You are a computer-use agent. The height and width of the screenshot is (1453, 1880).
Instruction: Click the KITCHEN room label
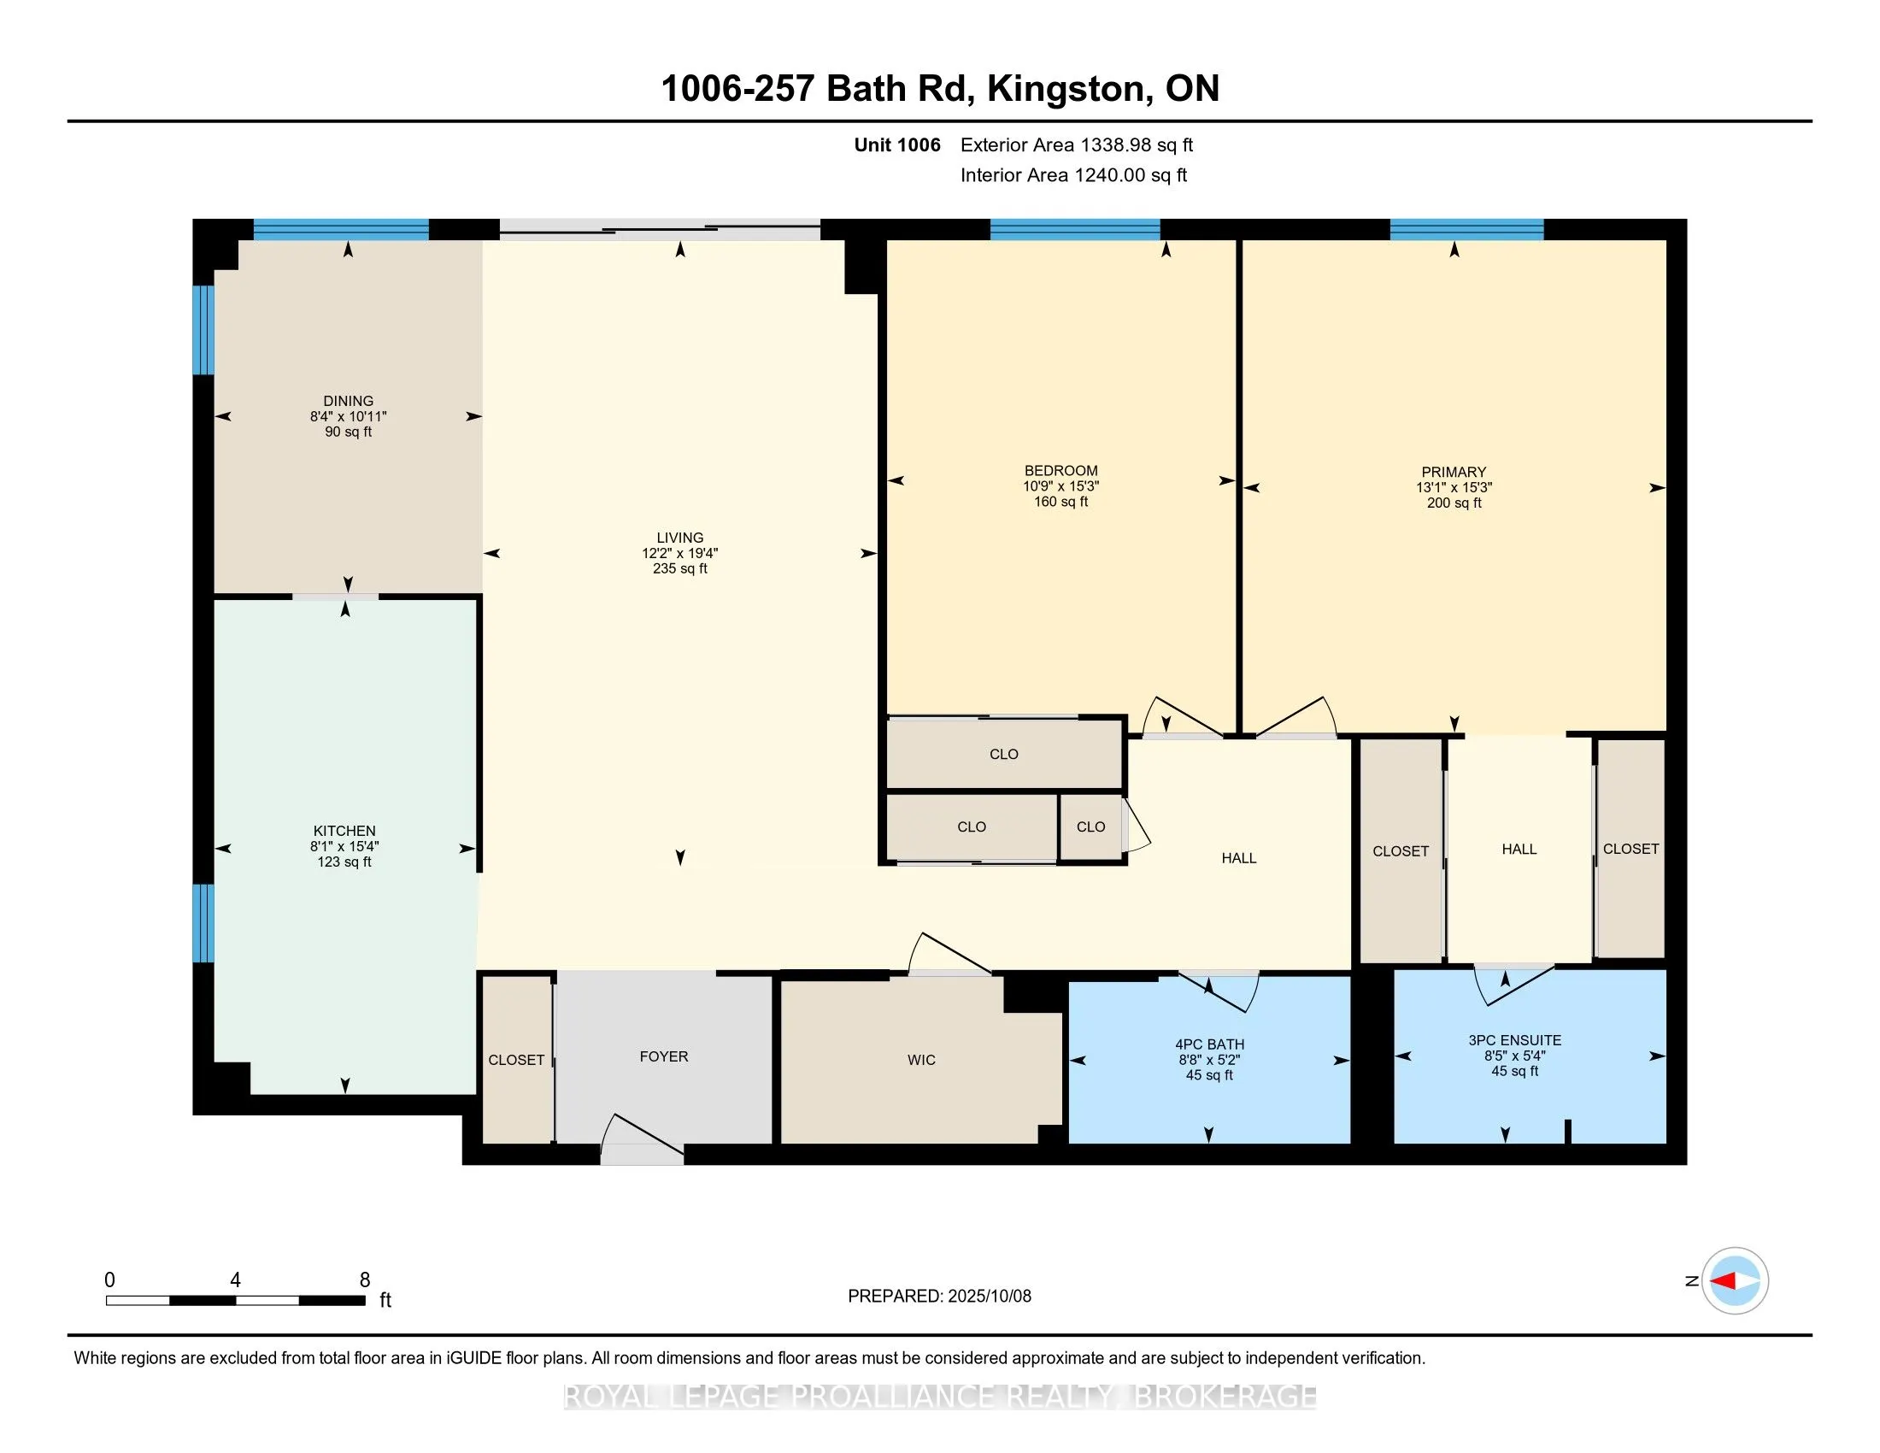click(344, 831)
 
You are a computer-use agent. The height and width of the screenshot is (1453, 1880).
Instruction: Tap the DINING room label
click(349, 401)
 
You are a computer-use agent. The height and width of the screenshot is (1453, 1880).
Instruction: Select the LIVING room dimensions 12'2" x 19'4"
click(680, 554)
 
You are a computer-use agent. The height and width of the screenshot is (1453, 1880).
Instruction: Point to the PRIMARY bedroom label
click(1454, 472)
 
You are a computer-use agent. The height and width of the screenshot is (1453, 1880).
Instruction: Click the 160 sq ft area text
click(1060, 502)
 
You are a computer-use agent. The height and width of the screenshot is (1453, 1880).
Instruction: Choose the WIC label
click(921, 1060)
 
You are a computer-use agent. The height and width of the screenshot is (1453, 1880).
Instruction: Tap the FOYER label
click(664, 1056)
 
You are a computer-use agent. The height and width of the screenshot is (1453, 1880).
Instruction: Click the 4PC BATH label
click(1209, 1044)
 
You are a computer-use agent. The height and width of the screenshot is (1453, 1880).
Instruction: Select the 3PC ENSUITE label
click(1515, 1040)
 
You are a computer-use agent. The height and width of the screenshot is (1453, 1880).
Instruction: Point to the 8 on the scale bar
click(365, 1280)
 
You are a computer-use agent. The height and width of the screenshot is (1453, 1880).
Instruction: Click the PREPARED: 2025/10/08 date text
click(939, 1297)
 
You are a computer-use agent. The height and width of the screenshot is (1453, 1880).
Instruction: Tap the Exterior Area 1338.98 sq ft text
click(1077, 144)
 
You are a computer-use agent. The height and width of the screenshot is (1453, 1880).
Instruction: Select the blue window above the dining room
click(341, 229)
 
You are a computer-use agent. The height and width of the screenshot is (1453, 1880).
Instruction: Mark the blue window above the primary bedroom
click(1466, 229)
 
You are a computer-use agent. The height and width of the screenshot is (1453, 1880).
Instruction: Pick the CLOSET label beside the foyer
click(516, 1060)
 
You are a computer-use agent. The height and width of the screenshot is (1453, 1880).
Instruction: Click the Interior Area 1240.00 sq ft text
click(1073, 174)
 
